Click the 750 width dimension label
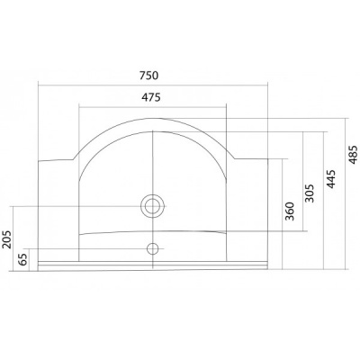[148, 76]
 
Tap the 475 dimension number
[151, 97]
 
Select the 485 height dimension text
[354, 155]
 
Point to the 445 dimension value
[331, 179]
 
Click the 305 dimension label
[310, 193]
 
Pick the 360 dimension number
[290, 211]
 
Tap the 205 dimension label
[6, 239]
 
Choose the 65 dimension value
[23, 259]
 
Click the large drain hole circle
[153, 206]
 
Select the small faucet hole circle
[153, 248]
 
